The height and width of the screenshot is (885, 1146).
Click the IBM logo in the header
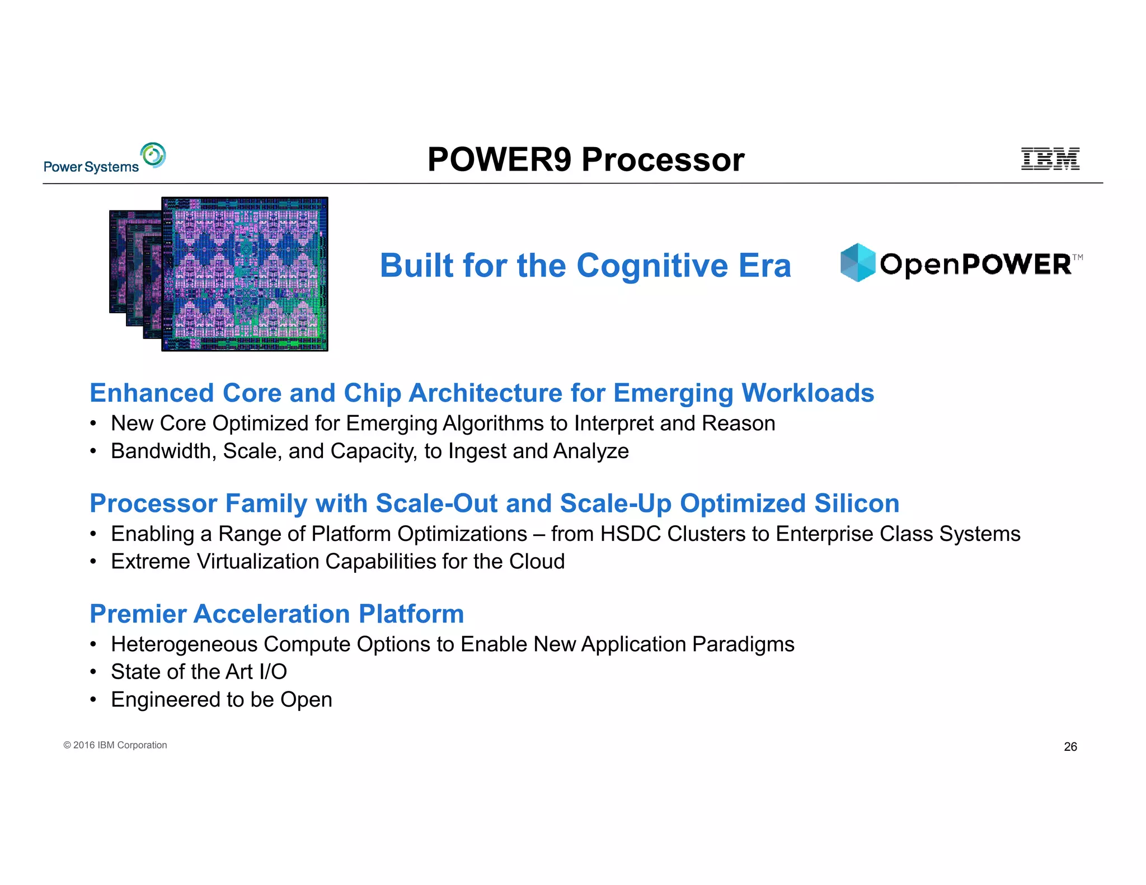[x=1050, y=159]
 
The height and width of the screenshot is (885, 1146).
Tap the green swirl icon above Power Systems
[x=153, y=155]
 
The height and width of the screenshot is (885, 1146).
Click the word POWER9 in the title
[x=499, y=159]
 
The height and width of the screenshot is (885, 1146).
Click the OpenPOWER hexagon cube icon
[x=857, y=262]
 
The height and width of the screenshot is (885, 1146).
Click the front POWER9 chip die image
[x=245, y=274]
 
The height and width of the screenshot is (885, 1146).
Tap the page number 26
[x=1070, y=747]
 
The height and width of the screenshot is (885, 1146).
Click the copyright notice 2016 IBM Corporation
[x=115, y=745]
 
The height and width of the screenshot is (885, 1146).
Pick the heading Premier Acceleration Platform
[x=277, y=614]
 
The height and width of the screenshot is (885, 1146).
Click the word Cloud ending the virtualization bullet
[x=537, y=561]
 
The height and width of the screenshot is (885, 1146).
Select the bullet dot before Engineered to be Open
[x=93, y=700]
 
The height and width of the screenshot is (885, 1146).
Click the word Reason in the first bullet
[x=738, y=423]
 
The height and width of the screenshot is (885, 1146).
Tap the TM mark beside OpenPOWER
[x=1077, y=257]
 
